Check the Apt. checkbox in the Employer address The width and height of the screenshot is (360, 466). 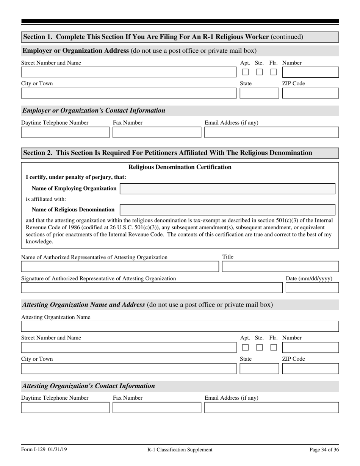pos(246,72)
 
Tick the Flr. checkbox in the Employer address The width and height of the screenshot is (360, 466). pos(274,72)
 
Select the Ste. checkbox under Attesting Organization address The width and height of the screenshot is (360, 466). pos(260,347)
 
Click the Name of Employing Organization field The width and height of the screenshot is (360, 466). pos(227,189)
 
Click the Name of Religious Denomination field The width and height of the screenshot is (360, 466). pos(227,210)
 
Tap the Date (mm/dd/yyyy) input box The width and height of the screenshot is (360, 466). pos(312,288)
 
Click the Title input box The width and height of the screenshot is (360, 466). pos(280,267)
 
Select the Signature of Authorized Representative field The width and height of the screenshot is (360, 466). pos(152,288)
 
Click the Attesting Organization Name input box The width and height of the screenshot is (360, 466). pos(180,327)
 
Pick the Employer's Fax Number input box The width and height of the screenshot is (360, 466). pos(157,133)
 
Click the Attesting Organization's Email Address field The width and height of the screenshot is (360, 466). pos(272,408)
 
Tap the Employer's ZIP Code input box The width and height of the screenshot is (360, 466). pos(310,93)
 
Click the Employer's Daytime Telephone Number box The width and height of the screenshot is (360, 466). pos(65,133)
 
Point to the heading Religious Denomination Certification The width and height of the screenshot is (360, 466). pos(180,167)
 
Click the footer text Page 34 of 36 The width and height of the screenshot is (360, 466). pos(324,450)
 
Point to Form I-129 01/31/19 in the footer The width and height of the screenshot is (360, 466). pos(44,450)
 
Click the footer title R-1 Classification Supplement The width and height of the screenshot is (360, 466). pos(180,450)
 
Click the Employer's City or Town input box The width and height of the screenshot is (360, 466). pos(129,93)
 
